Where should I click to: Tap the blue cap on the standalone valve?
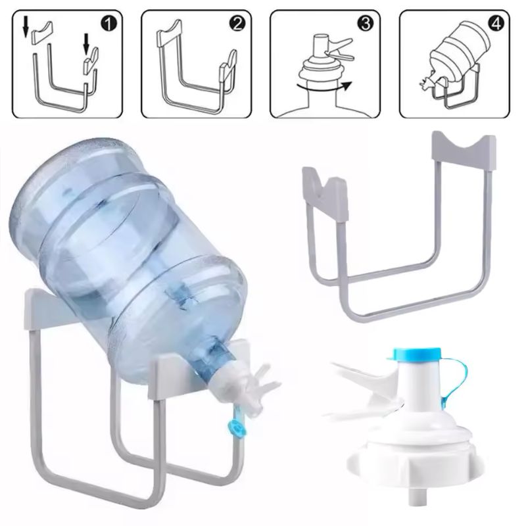[417, 354]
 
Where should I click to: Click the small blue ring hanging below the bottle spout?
[235, 428]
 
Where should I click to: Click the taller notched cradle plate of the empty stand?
[463, 145]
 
